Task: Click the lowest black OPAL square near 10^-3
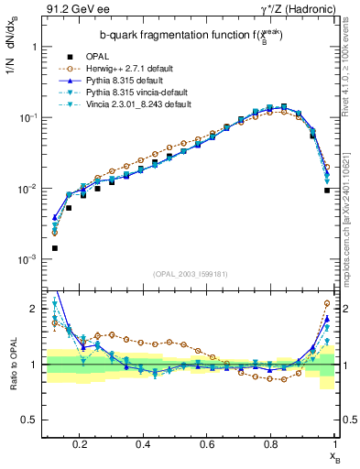[x=55, y=248]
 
